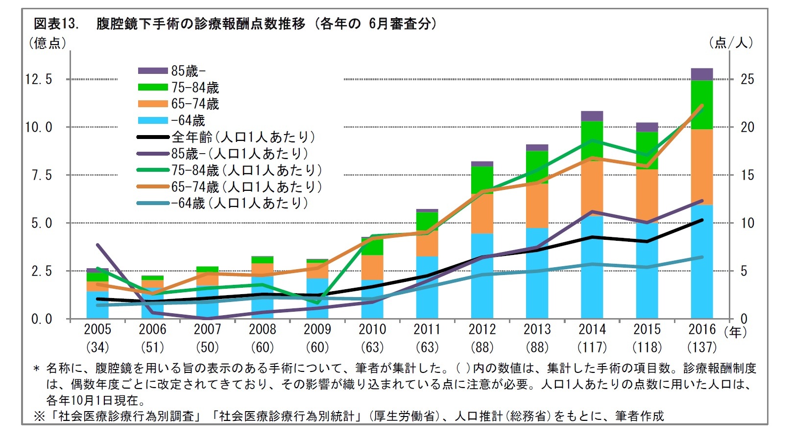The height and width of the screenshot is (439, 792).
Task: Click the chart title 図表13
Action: click(x=55, y=23)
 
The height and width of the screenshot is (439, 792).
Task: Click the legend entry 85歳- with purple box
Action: click(x=171, y=71)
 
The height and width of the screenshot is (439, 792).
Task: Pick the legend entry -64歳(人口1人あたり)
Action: click(x=223, y=203)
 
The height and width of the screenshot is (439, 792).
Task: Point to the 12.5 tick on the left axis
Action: click(x=38, y=79)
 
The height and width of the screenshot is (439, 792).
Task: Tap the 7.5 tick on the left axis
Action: click(x=41, y=175)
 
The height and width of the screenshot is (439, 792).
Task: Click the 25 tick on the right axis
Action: click(x=747, y=79)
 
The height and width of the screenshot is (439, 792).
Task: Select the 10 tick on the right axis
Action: click(x=747, y=223)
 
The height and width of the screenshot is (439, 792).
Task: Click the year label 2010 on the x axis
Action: click(x=372, y=329)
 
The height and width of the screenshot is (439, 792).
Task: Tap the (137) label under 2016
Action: click(x=701, y=347)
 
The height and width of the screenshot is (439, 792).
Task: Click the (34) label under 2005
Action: click(x=97, y=347)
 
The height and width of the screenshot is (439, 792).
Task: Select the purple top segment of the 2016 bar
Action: click(x=701, y=74)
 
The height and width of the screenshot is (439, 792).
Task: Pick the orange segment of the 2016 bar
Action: click(x=701, y=166)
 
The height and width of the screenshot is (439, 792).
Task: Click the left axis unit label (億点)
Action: click(x=47, y=43)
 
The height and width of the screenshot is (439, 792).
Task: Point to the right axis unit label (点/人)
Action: click(x=731, y=43)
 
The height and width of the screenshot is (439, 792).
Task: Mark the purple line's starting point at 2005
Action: click(x=97, y=245)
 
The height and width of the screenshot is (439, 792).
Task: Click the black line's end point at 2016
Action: click(x=701, y=220)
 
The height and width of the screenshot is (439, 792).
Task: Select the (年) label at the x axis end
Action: click(x=735, y=332)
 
